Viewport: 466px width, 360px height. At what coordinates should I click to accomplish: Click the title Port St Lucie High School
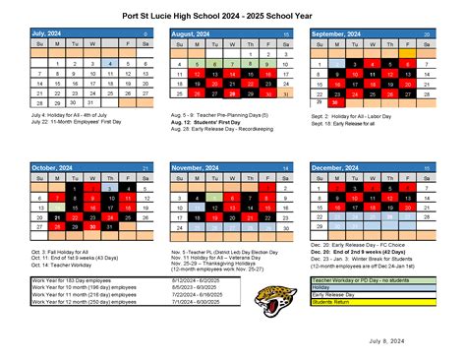[x=232, y=15]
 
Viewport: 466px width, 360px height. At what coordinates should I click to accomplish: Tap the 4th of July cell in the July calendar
[x=112, y=64]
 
